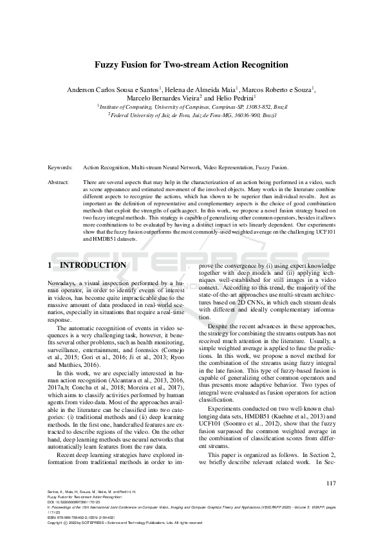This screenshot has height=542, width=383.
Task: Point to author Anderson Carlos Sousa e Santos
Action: click(113, 89)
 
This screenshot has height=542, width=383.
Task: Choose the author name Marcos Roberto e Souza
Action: click(280, 89)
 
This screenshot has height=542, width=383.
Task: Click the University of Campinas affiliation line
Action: click(191, 106)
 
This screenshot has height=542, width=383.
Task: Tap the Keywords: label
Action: click(61, 167)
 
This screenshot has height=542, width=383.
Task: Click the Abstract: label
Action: click(59, 182)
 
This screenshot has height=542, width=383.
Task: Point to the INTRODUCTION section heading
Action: click(93, 265)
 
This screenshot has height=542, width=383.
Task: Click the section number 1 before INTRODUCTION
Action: click(50, 265)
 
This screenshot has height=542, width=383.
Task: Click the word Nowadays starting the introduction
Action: click(63, 283)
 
